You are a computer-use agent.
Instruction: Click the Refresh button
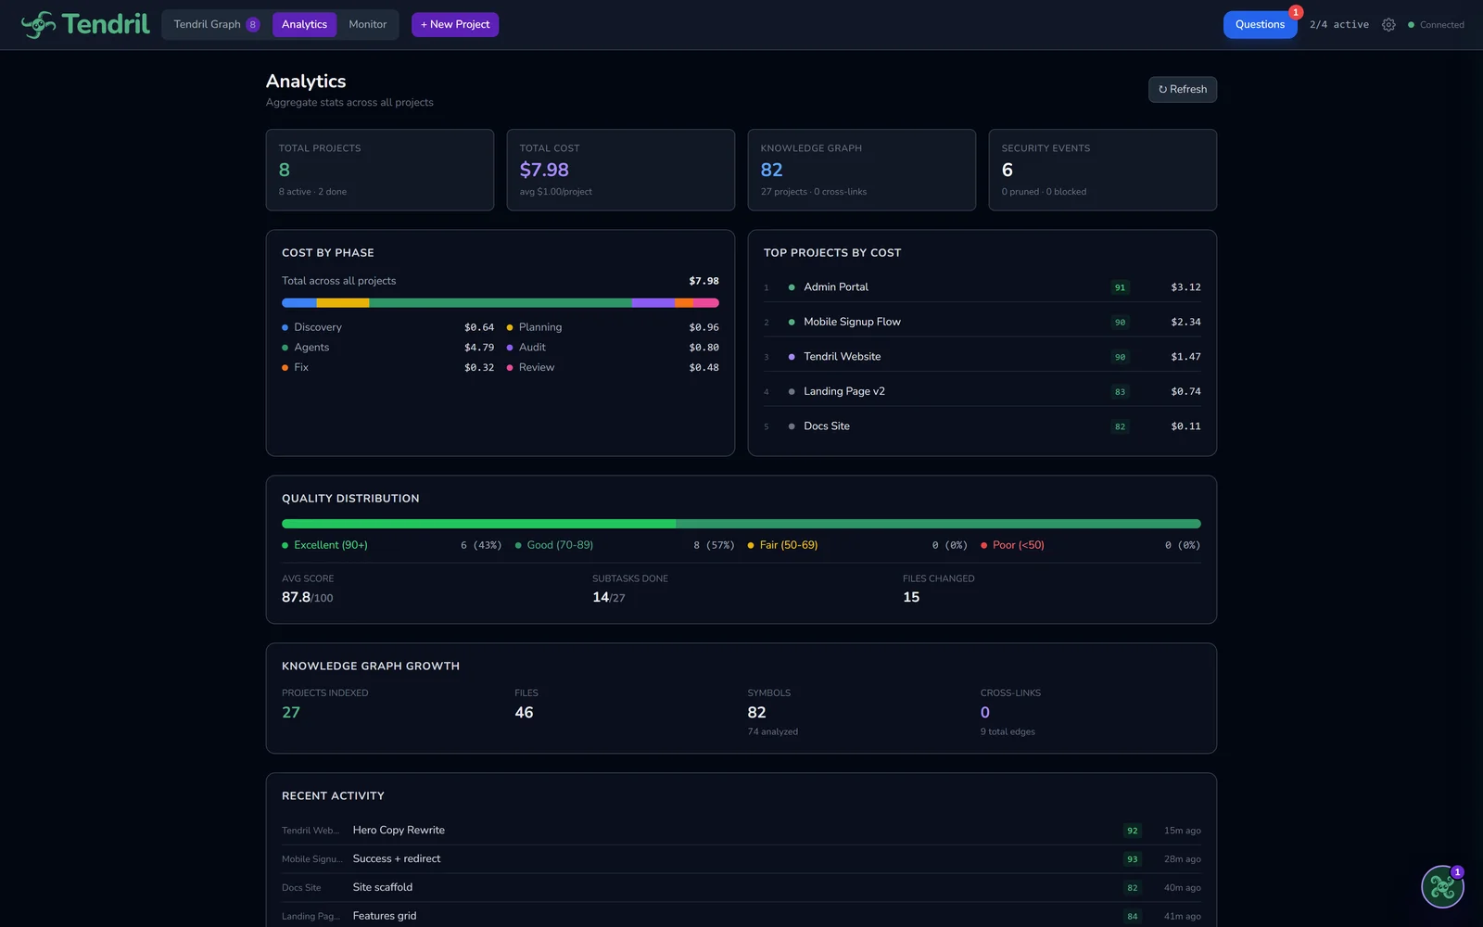point(1182,89)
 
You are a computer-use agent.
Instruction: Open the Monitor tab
point(368,24)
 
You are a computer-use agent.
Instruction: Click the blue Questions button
point(1260,24)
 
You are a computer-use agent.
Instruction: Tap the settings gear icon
point(1388,25)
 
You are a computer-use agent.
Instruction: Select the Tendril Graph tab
point(208,24)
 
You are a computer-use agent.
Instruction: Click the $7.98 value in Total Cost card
point(544,170)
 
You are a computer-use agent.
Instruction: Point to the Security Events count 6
point(1008,170)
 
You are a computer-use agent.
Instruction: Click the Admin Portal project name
point(836,287)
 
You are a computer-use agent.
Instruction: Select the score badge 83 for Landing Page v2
point(1120,392)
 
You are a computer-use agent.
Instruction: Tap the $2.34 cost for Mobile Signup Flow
point(1185,322)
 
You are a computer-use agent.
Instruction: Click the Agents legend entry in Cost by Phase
point(311,348)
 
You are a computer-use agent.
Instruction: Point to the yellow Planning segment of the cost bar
point(342,303)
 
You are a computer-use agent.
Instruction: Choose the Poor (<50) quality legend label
point(1018,545)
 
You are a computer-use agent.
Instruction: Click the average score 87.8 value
point(297,597)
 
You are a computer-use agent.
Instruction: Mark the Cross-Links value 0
point(985,713)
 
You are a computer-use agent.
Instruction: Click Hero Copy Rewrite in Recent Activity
point(399,831)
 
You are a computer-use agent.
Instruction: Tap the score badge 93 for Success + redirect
point(1132,859)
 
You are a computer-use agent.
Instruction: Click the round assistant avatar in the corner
point(1442,887)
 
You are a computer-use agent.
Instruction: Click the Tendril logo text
point(105,24)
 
